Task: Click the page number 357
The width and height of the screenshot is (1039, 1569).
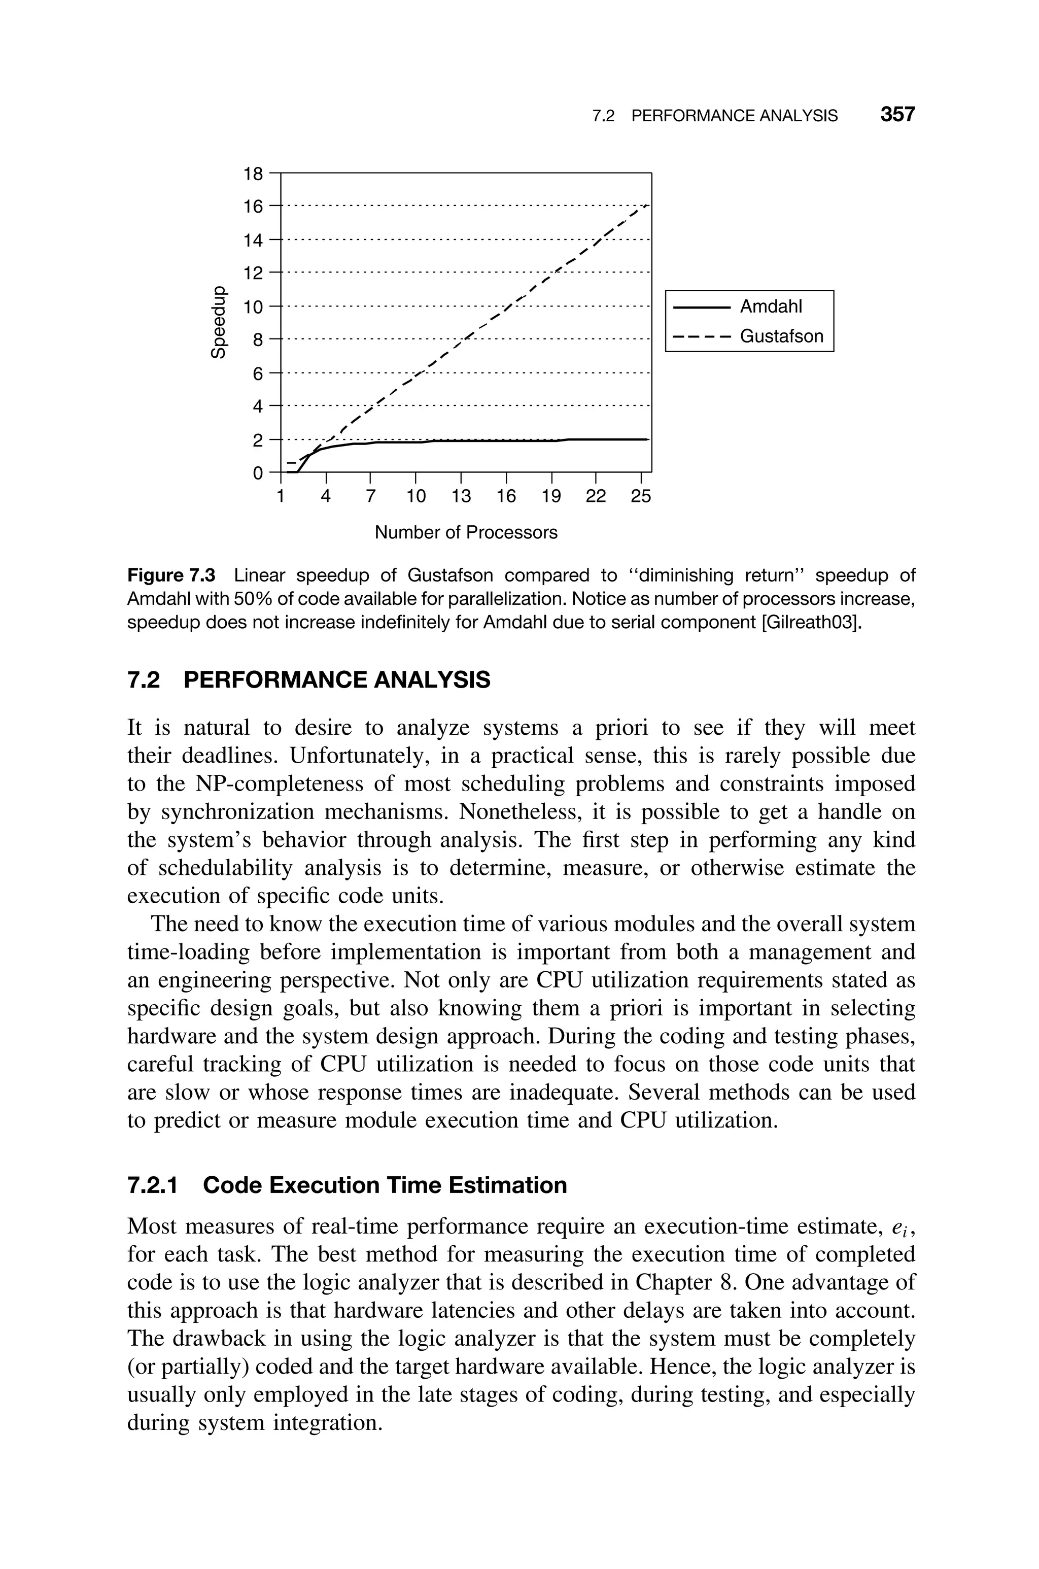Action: click(x=897, y=115)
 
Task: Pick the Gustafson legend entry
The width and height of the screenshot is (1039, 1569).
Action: click(x=781, y=336)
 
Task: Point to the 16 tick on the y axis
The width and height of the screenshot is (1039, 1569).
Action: click(x=253, y=207)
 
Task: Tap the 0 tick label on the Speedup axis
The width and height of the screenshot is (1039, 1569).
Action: click(x=258, y=473)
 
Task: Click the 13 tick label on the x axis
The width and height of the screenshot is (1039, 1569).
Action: click(x=461, y=496)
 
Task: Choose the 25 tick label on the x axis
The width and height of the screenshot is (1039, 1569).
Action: click(x=641, y=496)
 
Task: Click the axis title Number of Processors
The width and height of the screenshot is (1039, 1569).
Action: click(x=466, y=532)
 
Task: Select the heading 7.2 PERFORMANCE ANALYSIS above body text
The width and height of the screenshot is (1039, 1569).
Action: click(x=309, y=680)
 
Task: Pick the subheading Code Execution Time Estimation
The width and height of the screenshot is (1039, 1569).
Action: click(x=385, y=1185)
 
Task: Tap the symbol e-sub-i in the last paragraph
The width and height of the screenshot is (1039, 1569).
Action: click(x=900, y=1228)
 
